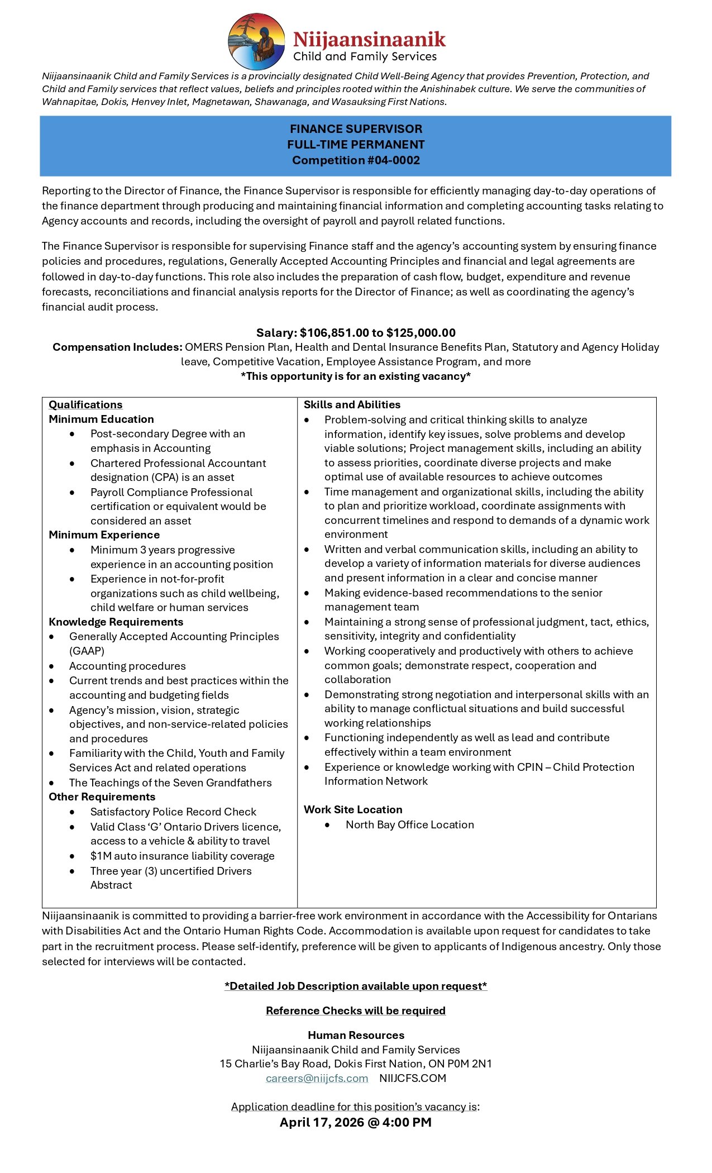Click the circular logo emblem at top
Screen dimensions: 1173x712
(x=256, y=42)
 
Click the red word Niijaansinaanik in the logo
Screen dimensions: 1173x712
(x=369, y=40)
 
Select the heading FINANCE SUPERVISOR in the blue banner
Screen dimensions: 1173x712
(x=356, y=129)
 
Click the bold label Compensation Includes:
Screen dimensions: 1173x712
(x=117, y=347)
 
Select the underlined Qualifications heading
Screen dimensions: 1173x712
(x=85, y=405)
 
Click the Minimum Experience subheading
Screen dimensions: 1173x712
(x=104, y=535)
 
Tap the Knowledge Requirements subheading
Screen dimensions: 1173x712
(x=116, y=622)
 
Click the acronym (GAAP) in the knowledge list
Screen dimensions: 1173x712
(x=87, y=651)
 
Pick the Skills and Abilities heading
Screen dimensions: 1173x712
(x=352, y=405)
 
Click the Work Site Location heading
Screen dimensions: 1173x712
(x=353, y=810)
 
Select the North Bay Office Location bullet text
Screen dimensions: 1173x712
(x=409, y=825)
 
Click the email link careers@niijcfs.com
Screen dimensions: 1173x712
(x=317, y=1079)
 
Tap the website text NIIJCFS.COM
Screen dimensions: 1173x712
(x=413, y=1079)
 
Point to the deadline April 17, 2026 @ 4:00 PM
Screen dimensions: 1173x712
(x=356, y=1123)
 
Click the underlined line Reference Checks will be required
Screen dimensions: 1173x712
(x=356, y=1011)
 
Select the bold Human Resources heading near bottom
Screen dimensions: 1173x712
(x=356, y=1036)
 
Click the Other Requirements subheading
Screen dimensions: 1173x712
(x=102, y=797)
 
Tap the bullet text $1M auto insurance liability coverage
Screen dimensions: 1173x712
(x=182, y=856)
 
